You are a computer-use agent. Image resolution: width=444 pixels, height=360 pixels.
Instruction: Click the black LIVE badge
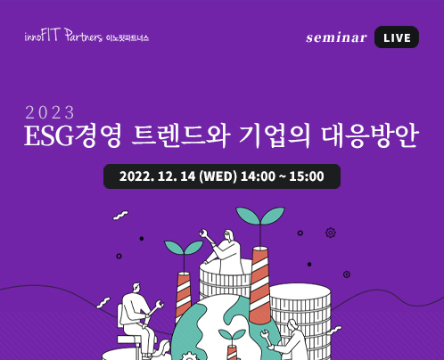tap(397, 37)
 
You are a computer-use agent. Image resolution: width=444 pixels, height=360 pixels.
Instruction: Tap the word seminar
tap(336, 37)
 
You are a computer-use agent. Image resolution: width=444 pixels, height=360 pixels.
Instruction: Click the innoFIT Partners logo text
tap(63, 35)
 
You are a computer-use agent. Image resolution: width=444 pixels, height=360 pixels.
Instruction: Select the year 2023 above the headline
tap(50, 112)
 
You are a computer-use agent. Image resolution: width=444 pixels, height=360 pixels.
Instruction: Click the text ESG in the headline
tap(48, 136)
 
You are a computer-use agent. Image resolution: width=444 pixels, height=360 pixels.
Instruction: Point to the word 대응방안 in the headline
tap(370, 136)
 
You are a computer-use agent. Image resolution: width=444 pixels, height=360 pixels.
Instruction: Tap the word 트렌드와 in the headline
tap(181, 136)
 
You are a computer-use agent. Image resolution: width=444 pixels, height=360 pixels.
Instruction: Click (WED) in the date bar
tap(218, 176)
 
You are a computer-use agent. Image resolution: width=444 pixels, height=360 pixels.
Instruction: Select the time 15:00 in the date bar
tap(307, 176)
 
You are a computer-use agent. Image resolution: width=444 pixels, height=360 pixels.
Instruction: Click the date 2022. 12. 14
tap(157, 176)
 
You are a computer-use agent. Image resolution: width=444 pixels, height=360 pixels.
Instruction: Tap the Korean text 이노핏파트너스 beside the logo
tap(127, 38)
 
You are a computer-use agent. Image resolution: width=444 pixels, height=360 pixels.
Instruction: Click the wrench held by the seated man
tap(154, 309)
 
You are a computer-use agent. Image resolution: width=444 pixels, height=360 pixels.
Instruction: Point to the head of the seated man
tap(136, 288)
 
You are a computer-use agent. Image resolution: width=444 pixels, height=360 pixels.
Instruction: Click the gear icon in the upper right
tap(331, 233)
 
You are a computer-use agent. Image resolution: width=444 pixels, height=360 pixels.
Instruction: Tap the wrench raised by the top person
tap(207, 236)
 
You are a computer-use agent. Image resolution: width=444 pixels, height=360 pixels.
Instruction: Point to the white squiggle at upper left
tap(120, 216)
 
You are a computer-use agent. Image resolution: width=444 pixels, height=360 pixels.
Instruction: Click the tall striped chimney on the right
tap(259, 285)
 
